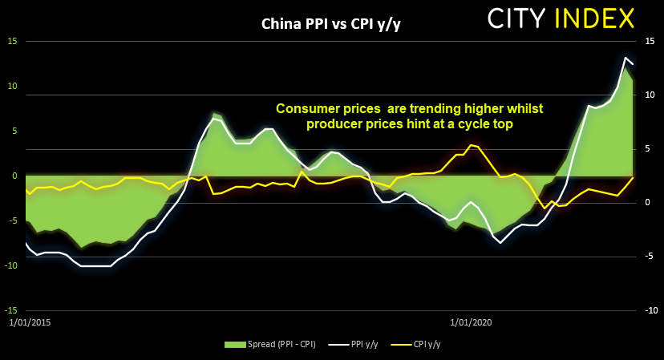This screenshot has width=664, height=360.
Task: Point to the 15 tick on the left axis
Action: (x=12, y=41)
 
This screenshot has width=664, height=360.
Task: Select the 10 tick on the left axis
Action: (x=12, y=86)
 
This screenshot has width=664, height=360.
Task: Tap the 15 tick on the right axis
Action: (x=650, y=41)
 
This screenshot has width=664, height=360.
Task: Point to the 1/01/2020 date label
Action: (x=471, y=322)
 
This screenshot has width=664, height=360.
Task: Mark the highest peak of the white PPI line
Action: (x=626, y=58)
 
